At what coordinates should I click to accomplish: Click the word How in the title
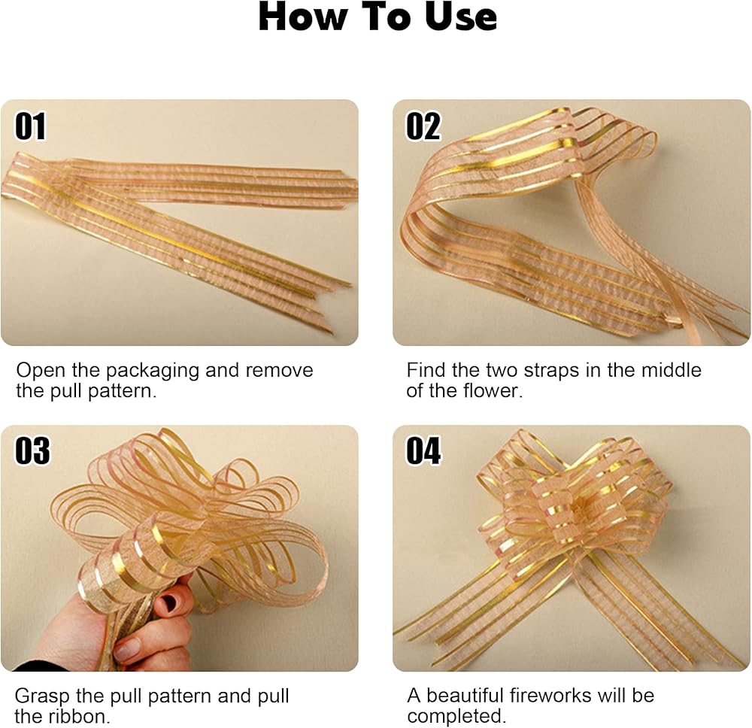tap(302, 17)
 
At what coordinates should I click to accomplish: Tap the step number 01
tap(30, 126)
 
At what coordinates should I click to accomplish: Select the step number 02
tap(423, 126)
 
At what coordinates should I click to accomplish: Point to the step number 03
tap(32, 450)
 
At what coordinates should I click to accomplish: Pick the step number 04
tap(423, 450)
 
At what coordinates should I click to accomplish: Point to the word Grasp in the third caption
tap(42, 697)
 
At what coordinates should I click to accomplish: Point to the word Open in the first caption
tap(41, 372)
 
